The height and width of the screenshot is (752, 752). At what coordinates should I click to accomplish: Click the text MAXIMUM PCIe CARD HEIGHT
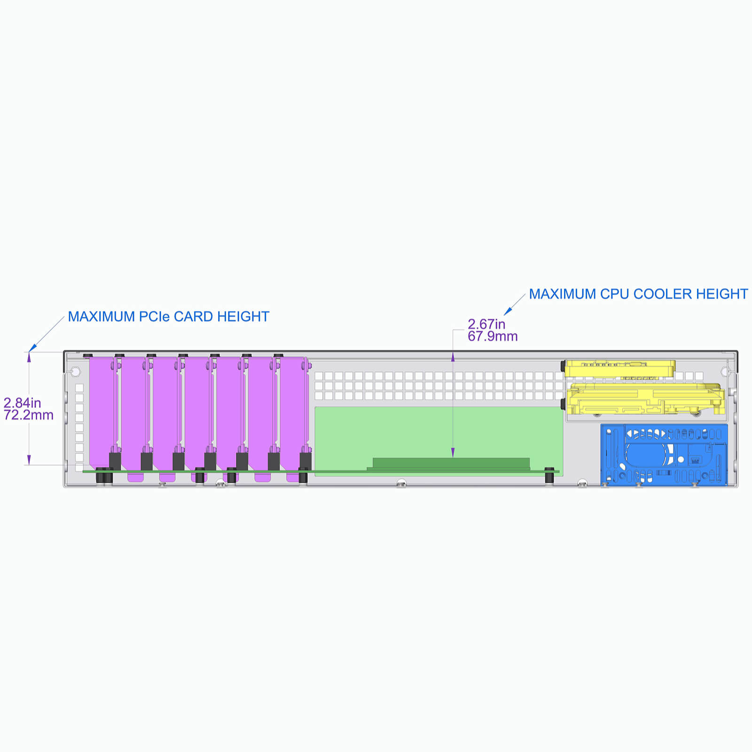coord(169,317)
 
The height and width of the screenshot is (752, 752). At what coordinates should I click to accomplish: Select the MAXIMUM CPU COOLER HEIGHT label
coord(638,294)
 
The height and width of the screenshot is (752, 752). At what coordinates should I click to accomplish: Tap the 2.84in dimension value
coord(22,403)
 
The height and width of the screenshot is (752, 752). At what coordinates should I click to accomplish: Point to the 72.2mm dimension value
coord(29,415)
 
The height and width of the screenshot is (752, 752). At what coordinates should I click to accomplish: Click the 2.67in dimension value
coord(486,324)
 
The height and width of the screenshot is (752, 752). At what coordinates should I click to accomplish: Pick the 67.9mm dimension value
coord(493,336)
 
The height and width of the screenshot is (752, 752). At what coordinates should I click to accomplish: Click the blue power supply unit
coord(664,454)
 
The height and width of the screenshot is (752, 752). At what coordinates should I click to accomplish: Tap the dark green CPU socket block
coord(451,463)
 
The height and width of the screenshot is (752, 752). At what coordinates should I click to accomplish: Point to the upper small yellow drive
coord(620,368)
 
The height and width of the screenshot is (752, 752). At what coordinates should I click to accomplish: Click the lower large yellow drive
coord(646,399)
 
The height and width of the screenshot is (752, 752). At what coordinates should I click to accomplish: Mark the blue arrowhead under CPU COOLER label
coord(508,311)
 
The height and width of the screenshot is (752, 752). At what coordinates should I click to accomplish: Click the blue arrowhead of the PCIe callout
coord(32,348)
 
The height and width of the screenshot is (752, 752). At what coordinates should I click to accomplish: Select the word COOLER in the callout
coord(662,294)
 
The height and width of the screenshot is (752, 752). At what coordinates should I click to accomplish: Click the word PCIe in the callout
coord(154,317)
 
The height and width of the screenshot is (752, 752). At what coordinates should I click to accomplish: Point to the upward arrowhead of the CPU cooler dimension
coord(453,357)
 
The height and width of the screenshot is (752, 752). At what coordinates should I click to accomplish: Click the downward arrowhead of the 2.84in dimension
coord(29,460)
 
